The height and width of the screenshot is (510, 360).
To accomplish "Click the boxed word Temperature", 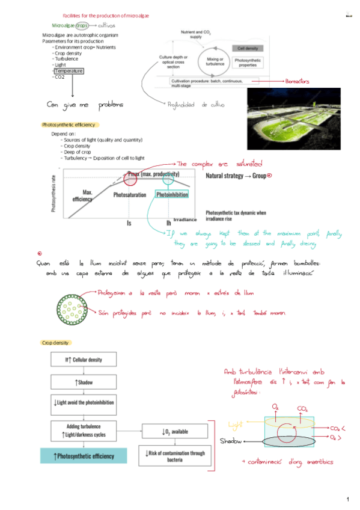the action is tap(69, 71).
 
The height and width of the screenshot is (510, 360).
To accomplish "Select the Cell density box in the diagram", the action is tap(248, 48).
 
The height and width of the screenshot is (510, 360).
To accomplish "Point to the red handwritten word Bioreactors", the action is tap(297, 80).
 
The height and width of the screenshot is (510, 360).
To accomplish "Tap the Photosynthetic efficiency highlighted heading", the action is tap(68, 124).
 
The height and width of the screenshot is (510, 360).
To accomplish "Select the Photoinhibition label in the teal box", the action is tap(171, 195).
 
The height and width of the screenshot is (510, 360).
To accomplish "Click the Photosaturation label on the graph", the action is tap(130, 195).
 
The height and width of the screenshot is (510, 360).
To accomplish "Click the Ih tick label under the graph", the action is tap(169, 223).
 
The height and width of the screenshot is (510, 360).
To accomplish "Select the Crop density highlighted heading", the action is tap(56, 343).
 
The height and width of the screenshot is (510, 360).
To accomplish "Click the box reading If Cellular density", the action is tap(84, 360).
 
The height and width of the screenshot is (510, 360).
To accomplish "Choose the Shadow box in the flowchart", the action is tap(84, 382).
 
